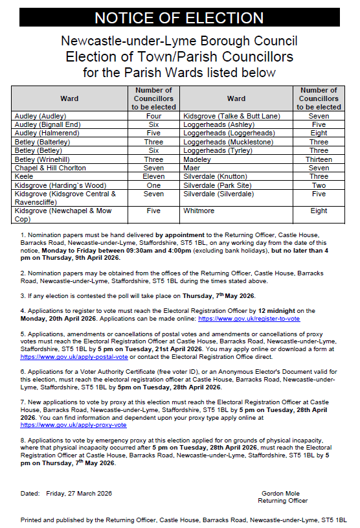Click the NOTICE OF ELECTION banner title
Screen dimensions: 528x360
coord(179,17)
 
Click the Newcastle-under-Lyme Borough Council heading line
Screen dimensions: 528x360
coord(179,41)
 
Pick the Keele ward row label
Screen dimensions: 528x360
coord(23,176)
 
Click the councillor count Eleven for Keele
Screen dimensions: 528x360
coord(153,176)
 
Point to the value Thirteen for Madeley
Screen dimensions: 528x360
coord(319,159)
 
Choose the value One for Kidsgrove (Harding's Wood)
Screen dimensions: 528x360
coord(153,185)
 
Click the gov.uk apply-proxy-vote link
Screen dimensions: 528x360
coord(73,425)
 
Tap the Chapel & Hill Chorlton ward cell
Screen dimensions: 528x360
coord(48,168)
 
